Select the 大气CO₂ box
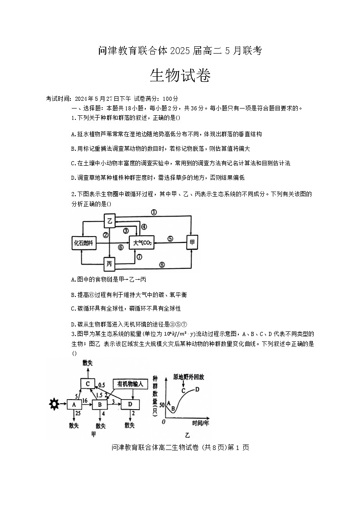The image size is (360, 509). tap(142, 243)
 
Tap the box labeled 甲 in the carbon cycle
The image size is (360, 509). tap(192, 243)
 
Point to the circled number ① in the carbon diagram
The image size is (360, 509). tap(154, 212)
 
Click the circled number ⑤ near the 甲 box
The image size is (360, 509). tap(170, 238)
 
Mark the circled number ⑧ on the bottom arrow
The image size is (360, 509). tap(162, 265)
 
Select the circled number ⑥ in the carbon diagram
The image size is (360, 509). tap(121, 247)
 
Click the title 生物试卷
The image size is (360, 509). tap(180, 76)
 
